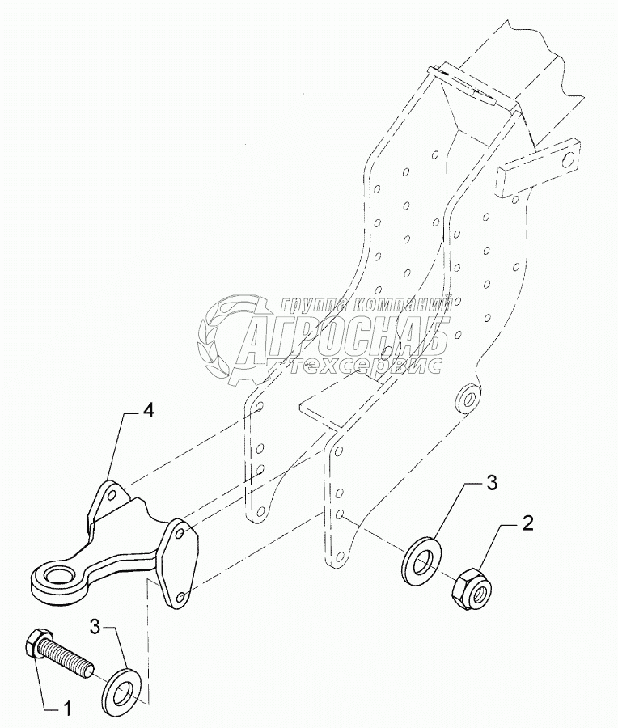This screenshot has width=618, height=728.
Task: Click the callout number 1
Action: (x=68, y=709)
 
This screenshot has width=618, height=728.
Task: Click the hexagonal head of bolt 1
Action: (x=36, y=641)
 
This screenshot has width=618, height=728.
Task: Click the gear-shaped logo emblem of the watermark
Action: (x=225, y=340)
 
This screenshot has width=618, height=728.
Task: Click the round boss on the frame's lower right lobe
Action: (x=467, y=396)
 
